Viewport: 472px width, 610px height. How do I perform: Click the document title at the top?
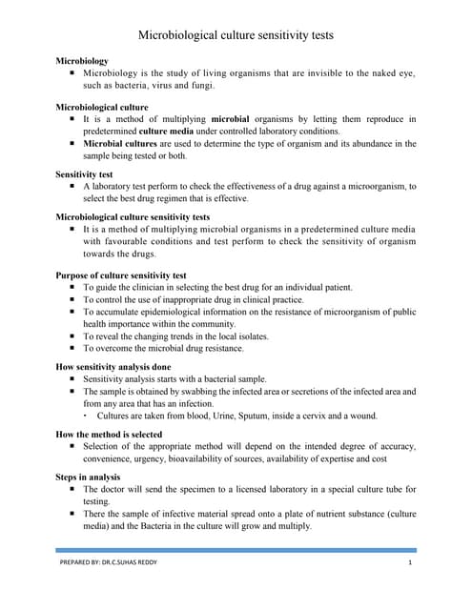pos(236,35)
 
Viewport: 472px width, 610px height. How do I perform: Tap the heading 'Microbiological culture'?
pos(103,107)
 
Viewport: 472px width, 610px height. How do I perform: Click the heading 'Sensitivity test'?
pos(86,175)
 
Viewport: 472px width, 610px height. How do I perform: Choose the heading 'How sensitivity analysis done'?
pos(114,366)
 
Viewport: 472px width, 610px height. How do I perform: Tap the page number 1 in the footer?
pos(408,564)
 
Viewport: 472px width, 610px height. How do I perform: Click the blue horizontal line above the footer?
pos(236,550)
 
